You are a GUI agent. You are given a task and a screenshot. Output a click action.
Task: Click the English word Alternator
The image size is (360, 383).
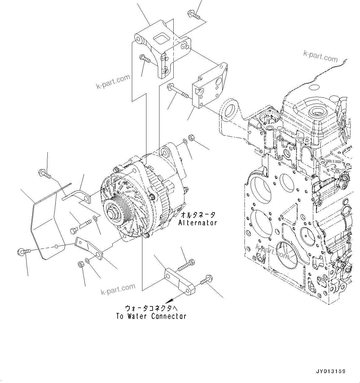click(x=198, y=222)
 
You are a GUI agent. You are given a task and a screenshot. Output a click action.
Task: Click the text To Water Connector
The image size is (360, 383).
click(x=151, y=316)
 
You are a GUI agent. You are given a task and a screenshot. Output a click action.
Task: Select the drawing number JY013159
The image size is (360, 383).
click(x=330, y=371)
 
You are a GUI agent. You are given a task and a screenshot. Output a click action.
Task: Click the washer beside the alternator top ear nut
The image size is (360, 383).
click(x=185, y=142)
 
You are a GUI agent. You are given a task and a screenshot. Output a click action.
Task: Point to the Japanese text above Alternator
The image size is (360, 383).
click(x=198, y=215)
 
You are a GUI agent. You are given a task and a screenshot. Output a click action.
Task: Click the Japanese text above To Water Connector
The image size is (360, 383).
click(x=151, y=308)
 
